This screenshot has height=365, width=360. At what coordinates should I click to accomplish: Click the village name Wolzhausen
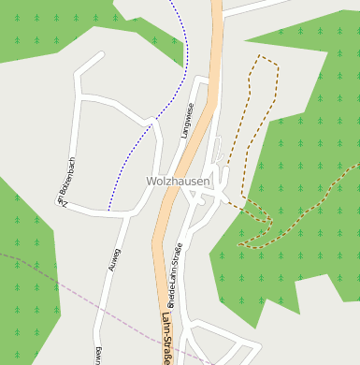(178, 181)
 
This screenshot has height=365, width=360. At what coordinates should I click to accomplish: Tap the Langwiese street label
(188, 121)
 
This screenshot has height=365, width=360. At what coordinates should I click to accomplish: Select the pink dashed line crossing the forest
(56, 270)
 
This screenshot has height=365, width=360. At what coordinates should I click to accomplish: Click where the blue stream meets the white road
(109, 211)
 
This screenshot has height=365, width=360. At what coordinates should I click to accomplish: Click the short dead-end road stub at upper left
(88, 63)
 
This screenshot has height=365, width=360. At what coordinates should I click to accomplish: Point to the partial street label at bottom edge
(97, 357)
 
